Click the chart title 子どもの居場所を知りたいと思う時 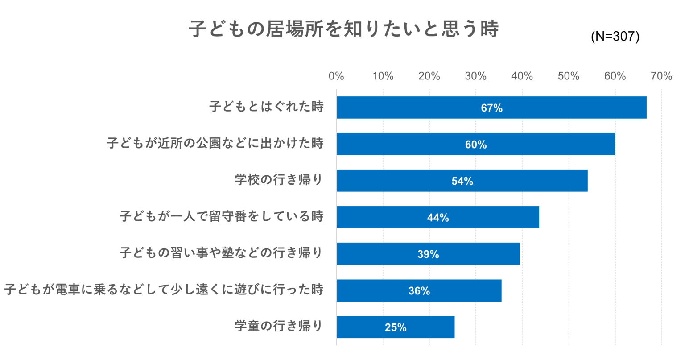pyautogui.click(x=343, y=29)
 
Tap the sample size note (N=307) pyautogui.click(x=615, y=37)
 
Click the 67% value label pyautogui.click(x=491, y=108)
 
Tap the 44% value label pyautogui.click(x=438, y=218)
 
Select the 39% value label pyautogui.click(x=428, y=254)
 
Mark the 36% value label pyautogui.click(x=419, y=291)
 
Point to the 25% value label pyautogui.click(x=396, y=327)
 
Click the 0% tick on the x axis pyautogui.click(x=336, y=76)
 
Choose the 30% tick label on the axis pyautogui.click(x=475, y=76)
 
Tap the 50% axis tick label pyautogui.click(x=569, y=76)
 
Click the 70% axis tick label pyautogui.click(x=661, y=76)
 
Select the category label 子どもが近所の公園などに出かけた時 pyautogui.click(x=215, y=144)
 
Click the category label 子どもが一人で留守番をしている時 pyautogui.click(x=221, y=217)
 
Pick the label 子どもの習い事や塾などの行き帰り pyautogui.click(x=221, y=253)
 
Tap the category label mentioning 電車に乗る pyautogui.click(x=164, y=290)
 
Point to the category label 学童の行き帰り pyautogui.click(x=279, y=327)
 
